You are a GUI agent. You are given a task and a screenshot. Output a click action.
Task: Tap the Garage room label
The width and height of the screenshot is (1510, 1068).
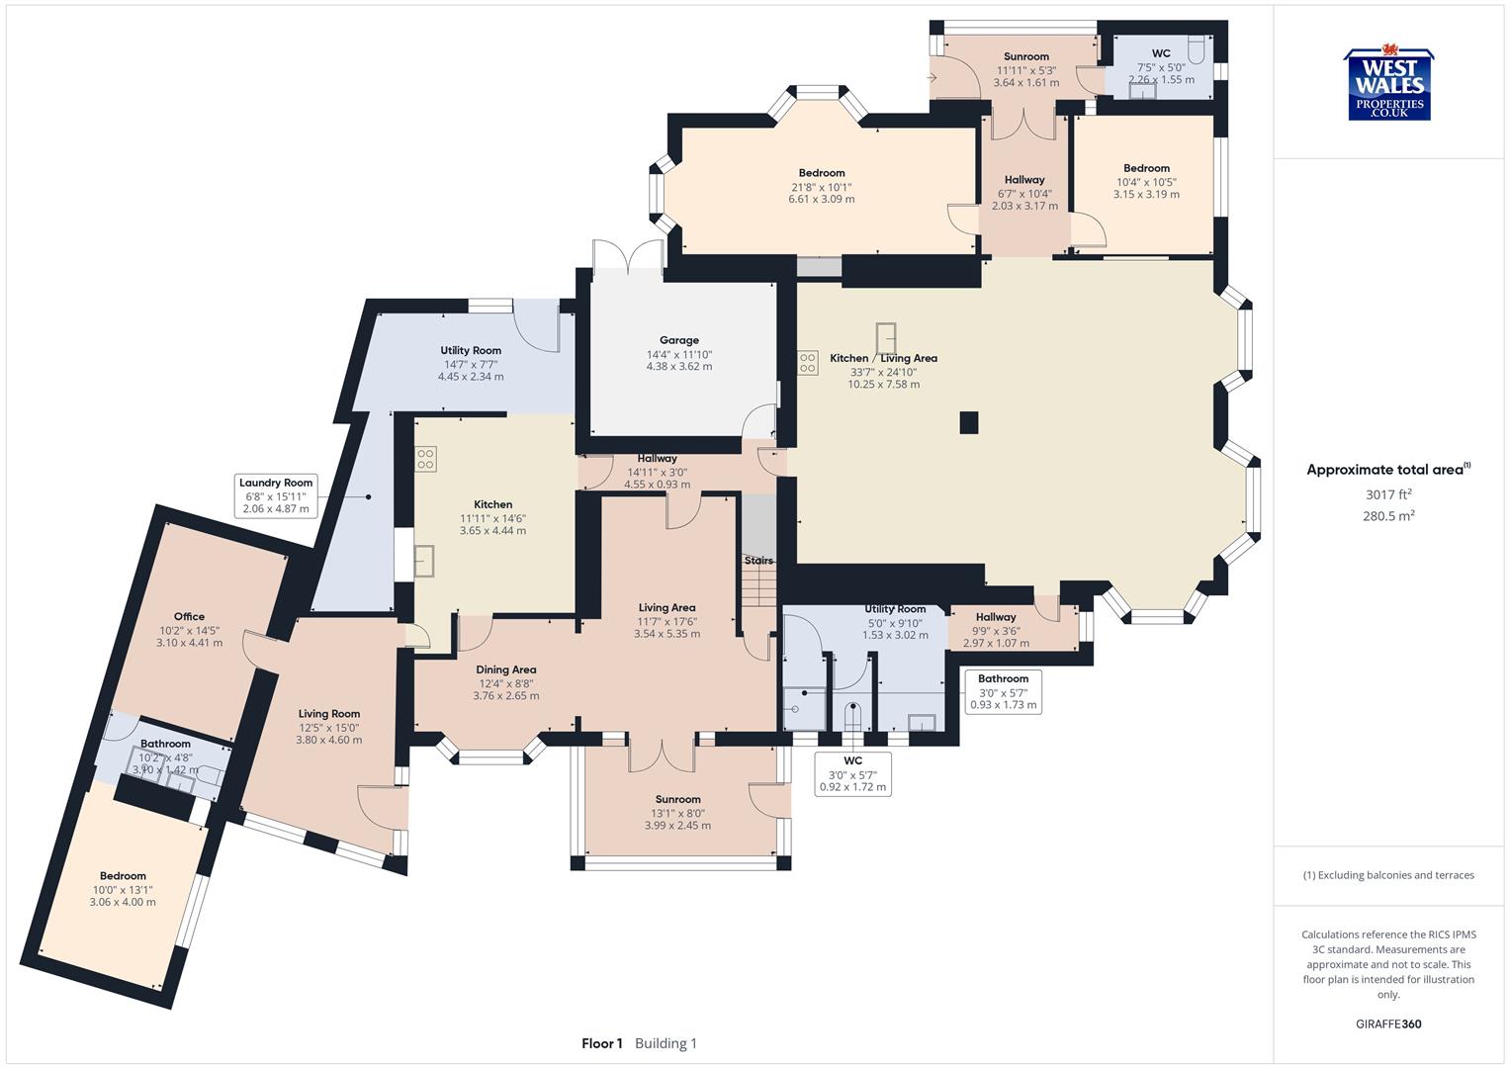[678, 340]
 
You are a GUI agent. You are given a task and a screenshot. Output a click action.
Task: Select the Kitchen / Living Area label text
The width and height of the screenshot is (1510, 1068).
[883, 358]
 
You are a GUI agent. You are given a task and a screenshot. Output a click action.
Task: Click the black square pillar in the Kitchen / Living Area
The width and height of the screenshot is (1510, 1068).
[969, 422]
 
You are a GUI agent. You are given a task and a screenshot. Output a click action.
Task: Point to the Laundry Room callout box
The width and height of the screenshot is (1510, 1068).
[277, 495]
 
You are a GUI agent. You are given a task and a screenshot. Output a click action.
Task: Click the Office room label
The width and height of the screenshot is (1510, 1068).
[189, 616]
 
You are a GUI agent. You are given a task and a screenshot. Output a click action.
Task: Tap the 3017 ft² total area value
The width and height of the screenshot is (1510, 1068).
[1387, 494]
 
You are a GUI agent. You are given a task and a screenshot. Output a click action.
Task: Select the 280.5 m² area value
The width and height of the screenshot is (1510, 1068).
[1387, 515]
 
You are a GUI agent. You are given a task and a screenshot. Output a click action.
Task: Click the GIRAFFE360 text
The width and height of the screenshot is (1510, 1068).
[1387, 1023]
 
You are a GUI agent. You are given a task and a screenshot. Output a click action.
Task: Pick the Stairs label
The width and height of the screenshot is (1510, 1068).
[758, 561]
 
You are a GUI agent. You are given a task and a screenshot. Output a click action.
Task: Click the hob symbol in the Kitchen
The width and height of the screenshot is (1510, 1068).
[425, 459]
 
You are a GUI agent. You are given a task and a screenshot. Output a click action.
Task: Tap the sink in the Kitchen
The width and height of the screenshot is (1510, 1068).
[426, 561]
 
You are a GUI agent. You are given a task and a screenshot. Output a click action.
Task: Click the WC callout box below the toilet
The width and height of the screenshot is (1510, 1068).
[852, 773]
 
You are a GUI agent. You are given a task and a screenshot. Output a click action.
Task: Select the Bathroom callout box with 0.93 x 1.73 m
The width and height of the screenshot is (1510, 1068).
[1003, 691]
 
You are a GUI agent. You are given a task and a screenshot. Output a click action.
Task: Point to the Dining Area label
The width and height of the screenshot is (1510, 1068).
[505, 669]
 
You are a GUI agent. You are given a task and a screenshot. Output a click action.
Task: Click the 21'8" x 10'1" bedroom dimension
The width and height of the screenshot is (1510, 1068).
[821, 187]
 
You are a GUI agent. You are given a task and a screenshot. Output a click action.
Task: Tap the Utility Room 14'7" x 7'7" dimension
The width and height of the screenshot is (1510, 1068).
[471, 364]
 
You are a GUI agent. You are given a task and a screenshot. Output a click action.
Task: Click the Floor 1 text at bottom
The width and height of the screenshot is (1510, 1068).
[601, 1043]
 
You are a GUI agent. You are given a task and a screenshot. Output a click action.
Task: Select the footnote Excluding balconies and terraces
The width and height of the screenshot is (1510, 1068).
[1387, 875]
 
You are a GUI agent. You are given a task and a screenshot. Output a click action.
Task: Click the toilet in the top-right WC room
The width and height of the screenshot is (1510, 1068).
[1196, 49]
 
